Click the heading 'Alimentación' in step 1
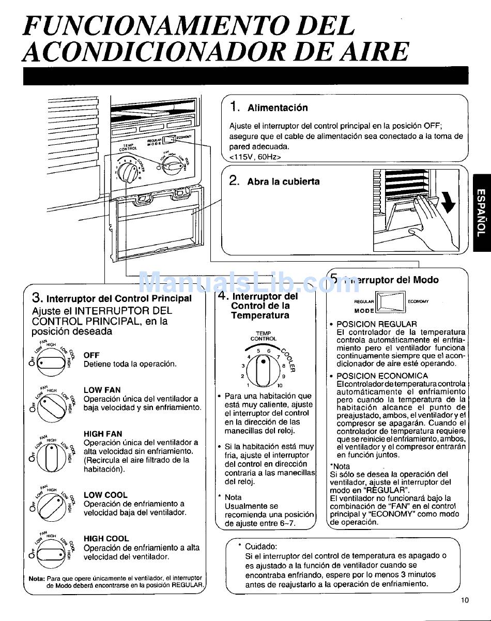pos(278,108)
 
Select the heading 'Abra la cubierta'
pos(283,181)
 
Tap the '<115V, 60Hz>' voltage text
pos(255,156)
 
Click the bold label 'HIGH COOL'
pos(106,538)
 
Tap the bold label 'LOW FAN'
pos(102,390)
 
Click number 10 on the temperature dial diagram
pos(280,385)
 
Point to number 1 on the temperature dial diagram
pos(248,385)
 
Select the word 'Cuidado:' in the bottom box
pos(261,546)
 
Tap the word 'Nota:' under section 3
pos(37,578)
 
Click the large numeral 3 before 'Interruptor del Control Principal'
pos(37,297)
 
